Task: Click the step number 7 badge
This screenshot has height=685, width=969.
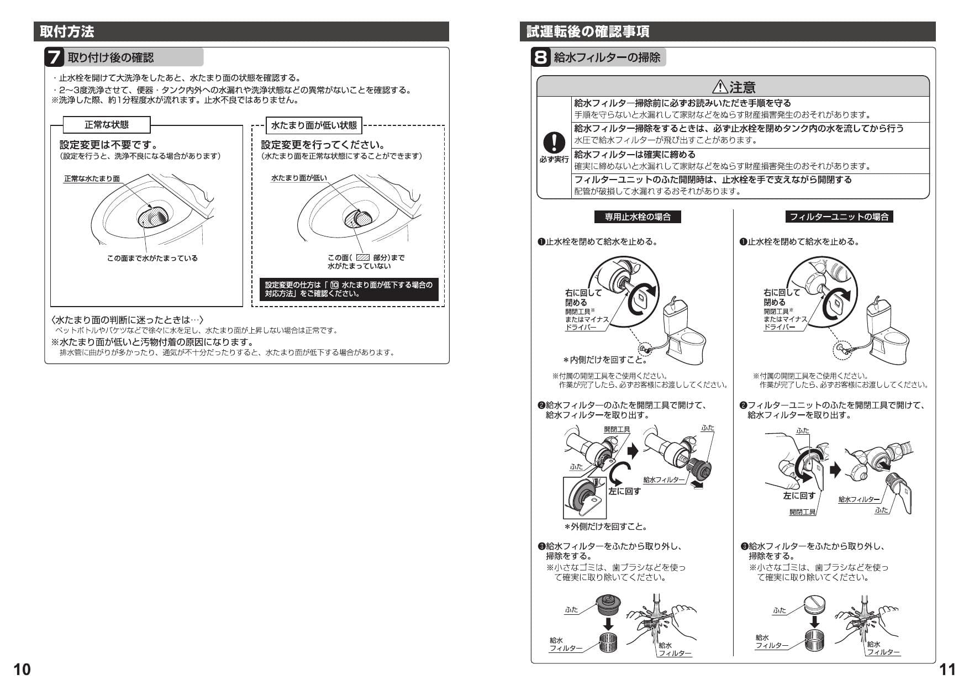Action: pos(54,57)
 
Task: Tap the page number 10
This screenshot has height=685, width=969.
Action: pos(22,670)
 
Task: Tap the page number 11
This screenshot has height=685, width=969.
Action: pos(947,670)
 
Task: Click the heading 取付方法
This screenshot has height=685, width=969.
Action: pos(67,31)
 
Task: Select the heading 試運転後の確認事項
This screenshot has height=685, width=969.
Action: pos(587,31)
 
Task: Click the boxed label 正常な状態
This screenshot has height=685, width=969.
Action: pos(107,125)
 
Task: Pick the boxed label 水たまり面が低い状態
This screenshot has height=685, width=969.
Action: pos(314,125)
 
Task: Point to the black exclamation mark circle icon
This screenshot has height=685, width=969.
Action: pos(554,143)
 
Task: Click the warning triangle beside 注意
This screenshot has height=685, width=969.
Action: pos(720,87)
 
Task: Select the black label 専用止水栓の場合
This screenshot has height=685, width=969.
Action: pos(638,217)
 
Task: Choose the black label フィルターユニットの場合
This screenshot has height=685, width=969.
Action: pos(839,217)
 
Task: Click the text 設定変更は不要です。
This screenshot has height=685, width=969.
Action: pos(109,145)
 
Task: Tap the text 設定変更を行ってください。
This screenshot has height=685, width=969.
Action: pos(323,145)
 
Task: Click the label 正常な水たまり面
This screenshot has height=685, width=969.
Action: pos(92,178)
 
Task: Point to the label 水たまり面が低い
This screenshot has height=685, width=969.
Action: pos(299,178)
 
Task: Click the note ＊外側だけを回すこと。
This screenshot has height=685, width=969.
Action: pos(605,526)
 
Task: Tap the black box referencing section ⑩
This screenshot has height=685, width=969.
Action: pos(349,289)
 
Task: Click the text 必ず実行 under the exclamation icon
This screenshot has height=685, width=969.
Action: pos(554,160)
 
